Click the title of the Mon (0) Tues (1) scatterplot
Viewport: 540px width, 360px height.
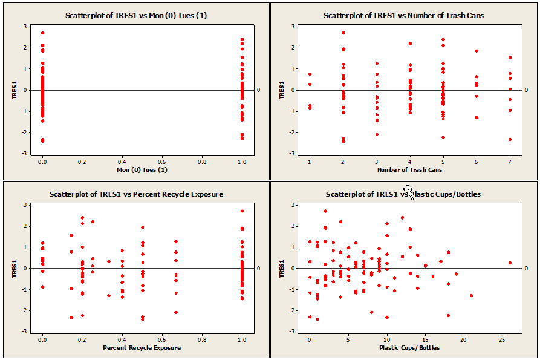[135, 15]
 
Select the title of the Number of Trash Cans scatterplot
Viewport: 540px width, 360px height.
[403, 15]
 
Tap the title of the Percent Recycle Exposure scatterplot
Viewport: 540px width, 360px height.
[136, 194]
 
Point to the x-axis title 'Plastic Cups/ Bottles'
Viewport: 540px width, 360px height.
[409, 348]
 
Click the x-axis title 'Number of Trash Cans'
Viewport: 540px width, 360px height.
[409, 170]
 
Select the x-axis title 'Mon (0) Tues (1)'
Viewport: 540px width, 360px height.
[142, 169]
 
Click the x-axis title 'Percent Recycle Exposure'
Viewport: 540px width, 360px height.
[142, 348]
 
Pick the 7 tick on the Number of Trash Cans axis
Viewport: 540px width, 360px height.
[510, 162]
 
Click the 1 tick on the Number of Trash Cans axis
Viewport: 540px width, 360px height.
[310, 162]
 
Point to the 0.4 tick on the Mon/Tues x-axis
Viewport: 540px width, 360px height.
[122, 162]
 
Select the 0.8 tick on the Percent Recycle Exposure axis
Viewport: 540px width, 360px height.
[202, 339]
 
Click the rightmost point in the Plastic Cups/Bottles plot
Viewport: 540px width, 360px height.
[510, 263]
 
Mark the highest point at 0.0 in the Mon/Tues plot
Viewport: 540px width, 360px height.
[42, 33]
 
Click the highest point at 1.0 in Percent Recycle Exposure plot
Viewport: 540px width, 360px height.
[242, 211]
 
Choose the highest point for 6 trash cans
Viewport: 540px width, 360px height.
[477, 51]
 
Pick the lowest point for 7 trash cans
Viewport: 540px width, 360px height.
[510, 139]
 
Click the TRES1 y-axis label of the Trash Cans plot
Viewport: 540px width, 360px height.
[280, 90]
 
